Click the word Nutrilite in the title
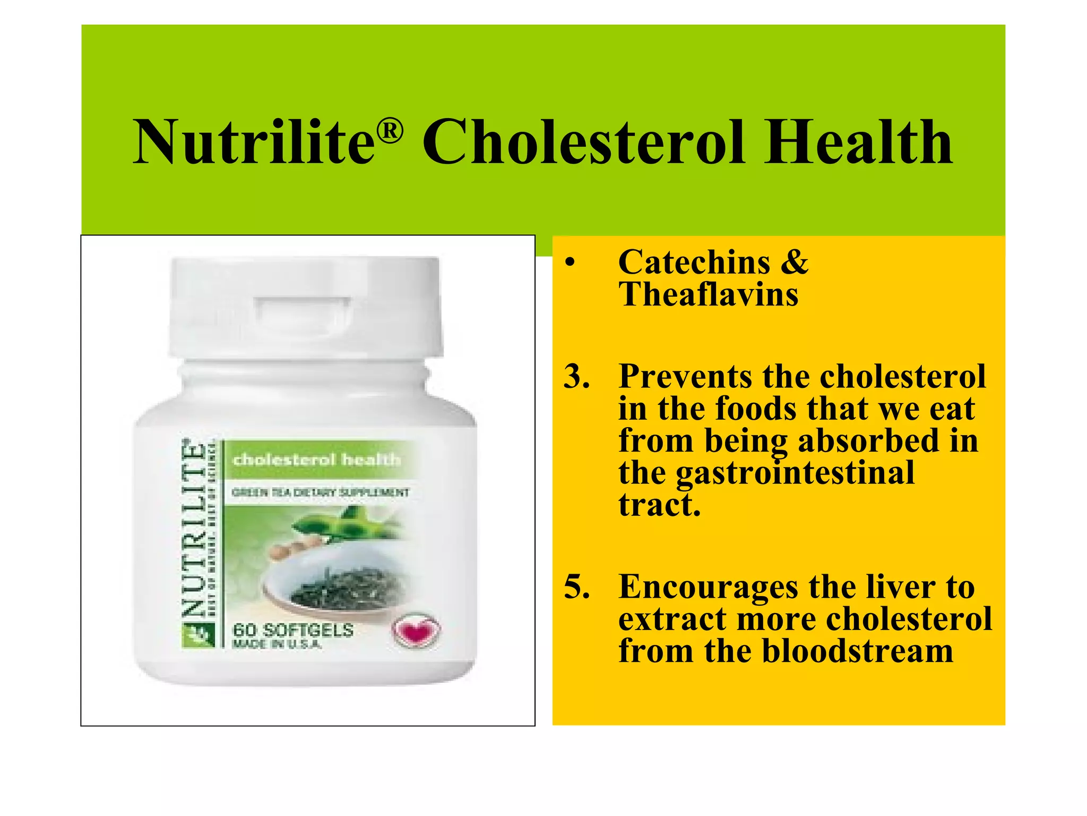(254, 142)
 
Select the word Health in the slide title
(858, 142)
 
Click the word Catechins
(694, 262)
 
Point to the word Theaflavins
(708, 294)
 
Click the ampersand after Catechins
(794, 262)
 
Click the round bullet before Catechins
(570, 262)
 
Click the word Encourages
(708, 586)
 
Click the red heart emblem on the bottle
(416, 631)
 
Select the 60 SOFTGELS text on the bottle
(293, 631)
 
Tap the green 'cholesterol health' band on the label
(317, 459)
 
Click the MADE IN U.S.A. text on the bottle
(277, 645)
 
